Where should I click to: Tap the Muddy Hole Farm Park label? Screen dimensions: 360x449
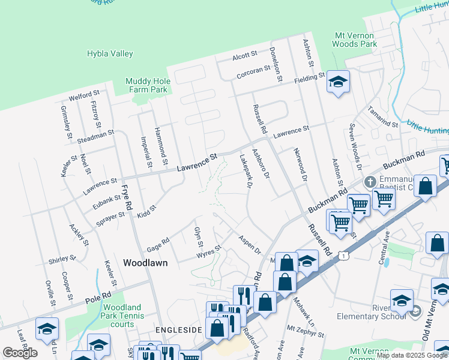point(146,86)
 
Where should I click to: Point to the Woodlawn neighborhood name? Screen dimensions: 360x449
point(145,263)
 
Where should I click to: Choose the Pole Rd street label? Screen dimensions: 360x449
point(98,296)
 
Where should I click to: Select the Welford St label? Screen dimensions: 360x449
point(84,95)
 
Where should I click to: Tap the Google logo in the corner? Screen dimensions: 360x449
point(20,352)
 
